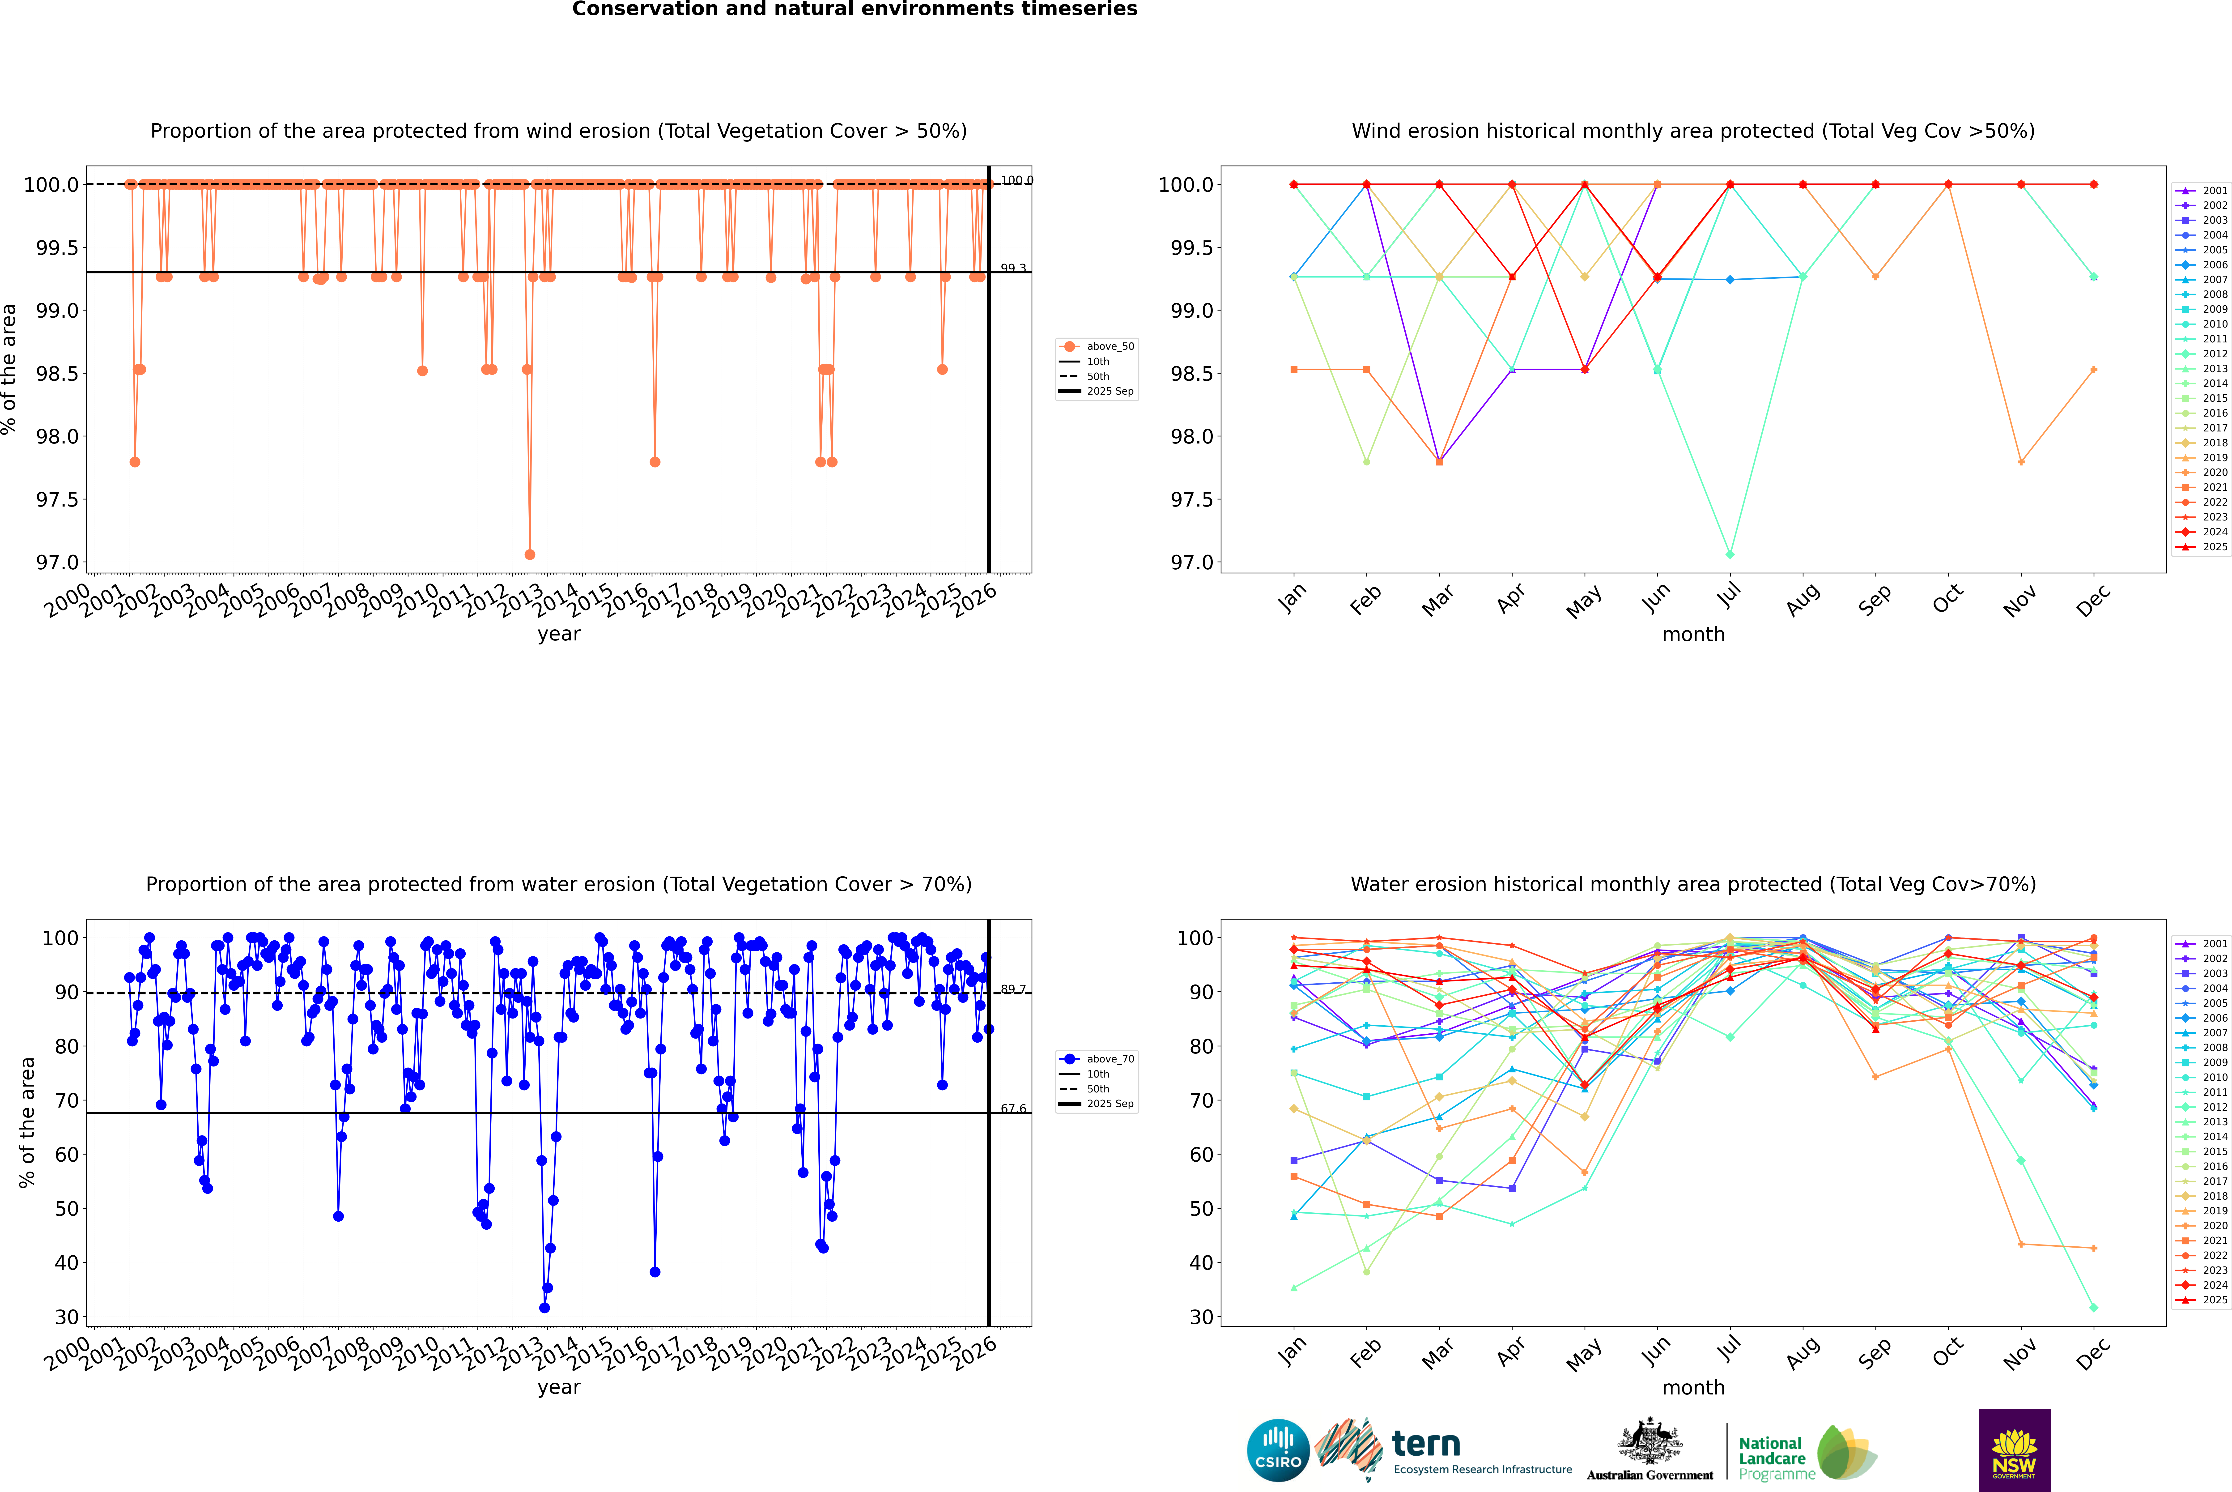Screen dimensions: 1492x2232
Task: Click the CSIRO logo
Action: [1278, 1450]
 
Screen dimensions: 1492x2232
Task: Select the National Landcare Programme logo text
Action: [1772, 1458]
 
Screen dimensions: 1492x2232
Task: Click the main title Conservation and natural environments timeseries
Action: [854, 9]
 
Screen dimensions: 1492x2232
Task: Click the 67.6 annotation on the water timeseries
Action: [1013, 1108]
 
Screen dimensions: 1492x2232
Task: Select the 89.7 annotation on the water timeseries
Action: [1013, 990]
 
